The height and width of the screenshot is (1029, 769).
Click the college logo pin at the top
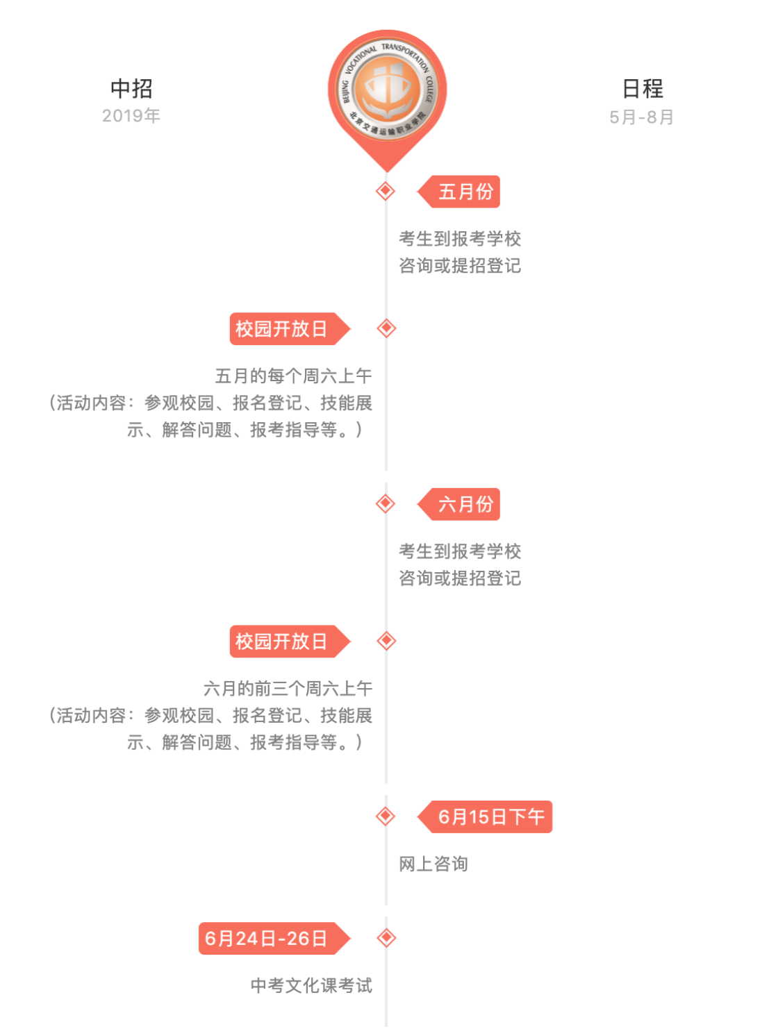pos(387,100)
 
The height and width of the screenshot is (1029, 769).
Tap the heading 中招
pos(131,89)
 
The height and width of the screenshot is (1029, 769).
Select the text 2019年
pos(131,116)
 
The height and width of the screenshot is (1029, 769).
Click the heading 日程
pos(643,89)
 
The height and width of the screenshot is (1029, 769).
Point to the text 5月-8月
pos(641,117)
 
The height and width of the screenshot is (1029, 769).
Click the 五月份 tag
pos(458,191)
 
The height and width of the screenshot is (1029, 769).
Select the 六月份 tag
pos(458,504)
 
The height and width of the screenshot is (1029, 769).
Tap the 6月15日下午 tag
pos(484,817)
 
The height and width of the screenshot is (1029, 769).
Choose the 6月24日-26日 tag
pos(275,938)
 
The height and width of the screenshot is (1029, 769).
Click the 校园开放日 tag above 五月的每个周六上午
pos(290,328)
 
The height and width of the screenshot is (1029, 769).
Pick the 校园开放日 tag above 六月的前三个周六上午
pos(290,642)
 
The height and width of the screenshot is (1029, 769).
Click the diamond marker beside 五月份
pos(386,191)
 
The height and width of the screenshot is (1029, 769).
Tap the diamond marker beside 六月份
pos(386,503)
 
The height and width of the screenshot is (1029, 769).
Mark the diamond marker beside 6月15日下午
pos(386,816)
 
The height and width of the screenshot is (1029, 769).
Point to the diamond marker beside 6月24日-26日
pos(386,937)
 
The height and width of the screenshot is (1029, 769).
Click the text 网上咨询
pos(433,864)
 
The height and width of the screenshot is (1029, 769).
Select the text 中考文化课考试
pos(311,985)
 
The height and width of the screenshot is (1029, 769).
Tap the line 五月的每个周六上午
pos(294,376)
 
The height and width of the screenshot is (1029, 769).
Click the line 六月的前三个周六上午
pos(288,688)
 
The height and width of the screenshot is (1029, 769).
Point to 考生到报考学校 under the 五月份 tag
pos(460,239)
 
